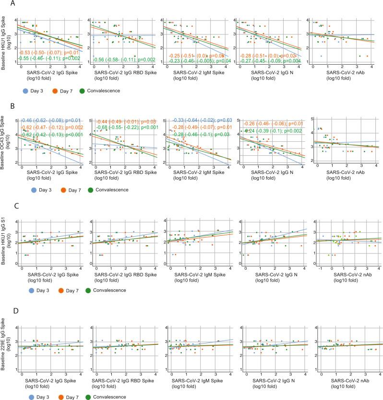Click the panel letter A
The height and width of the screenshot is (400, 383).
[4, 4]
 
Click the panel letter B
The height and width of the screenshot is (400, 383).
[4, 105]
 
